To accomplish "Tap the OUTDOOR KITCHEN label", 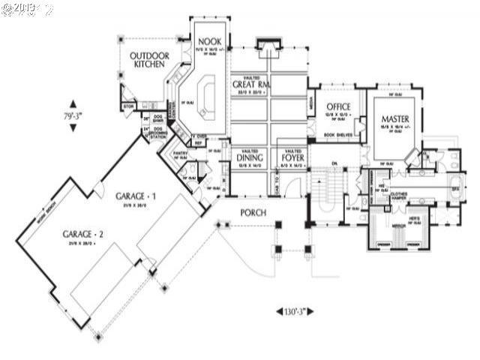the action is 149,60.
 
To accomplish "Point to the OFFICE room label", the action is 337,107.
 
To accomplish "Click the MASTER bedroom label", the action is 394,119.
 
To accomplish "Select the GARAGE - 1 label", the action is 136,196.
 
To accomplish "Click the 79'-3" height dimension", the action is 73,116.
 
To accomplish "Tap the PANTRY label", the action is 180,153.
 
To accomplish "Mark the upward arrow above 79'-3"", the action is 73,103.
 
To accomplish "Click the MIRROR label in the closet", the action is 397,225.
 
